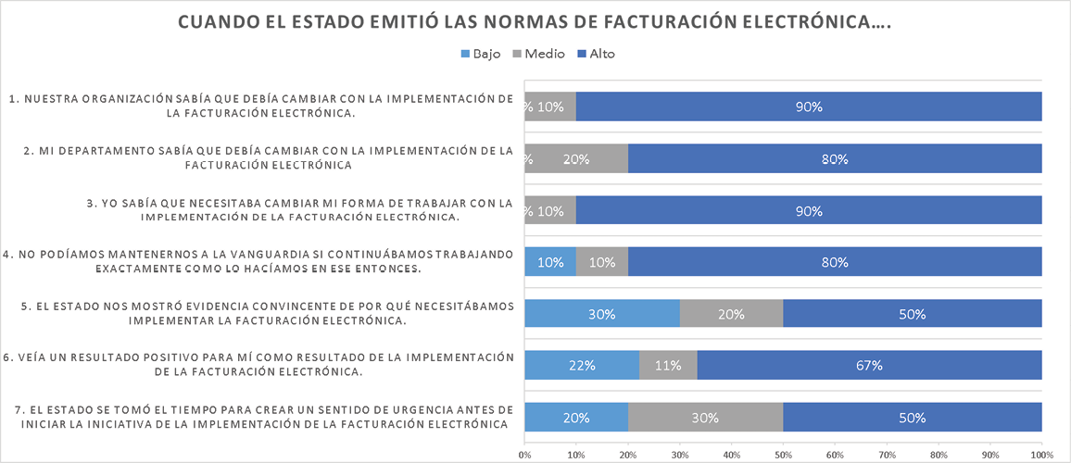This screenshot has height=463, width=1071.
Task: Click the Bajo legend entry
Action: [481, 54]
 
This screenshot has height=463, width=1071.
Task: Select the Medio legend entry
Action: [539, 54]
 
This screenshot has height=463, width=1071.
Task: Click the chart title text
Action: [535, 22]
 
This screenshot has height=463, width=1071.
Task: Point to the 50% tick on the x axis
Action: [783, 455]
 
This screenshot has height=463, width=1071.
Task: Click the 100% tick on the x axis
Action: [1041, 455]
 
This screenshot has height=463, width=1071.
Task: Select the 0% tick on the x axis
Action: [524, 455]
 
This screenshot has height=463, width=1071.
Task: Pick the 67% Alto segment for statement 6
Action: [869, 366]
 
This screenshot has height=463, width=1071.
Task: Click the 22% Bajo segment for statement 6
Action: [581, 366]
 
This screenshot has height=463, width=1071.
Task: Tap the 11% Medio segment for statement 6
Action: [667, 366]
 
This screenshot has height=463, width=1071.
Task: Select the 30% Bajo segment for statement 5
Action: [601, 314]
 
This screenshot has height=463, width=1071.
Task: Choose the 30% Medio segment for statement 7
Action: [705, 418]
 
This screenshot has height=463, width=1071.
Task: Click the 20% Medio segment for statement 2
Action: [576, 158]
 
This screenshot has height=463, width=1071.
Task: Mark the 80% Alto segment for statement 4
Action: [835, 262]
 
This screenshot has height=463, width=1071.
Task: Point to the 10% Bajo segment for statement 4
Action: [550, 262]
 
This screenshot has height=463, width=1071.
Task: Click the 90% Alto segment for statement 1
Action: [809, 106]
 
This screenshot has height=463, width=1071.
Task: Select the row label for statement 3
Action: [260, 210]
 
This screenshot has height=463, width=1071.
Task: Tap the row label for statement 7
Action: [258, 418]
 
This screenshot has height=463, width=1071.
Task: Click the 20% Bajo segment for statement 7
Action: [575, 418]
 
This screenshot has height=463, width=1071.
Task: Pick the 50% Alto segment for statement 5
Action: [913, 314]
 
